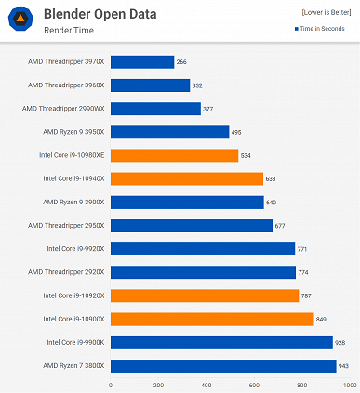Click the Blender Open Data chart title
click(x=100, y=14)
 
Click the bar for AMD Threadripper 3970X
click(x=142, y=62)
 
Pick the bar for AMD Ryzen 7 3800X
click(x=223, y=366)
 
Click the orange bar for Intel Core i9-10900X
click(x=212, y=319)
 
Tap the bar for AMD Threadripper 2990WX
click(x=155, y=109)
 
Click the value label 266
click(x=182, y=62)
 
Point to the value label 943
click(x=344, y=366)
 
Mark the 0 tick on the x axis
click(x=111, y=384)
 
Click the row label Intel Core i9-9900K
click(x=75, y=342)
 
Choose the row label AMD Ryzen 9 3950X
click(x=73, y=132)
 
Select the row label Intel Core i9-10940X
click(x=73, y=178)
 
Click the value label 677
click(x=281, y=226)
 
